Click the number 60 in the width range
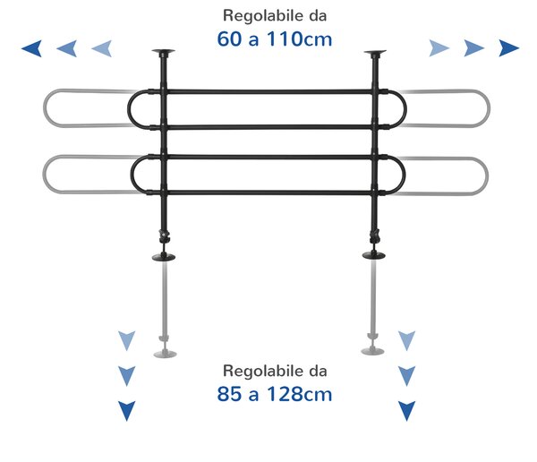(229, 38)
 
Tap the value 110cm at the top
(299, 38)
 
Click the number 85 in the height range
(229, 394)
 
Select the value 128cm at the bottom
(299, 394)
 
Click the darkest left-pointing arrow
(32, 48)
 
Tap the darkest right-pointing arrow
(509, 48)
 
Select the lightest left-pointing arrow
(102, 48)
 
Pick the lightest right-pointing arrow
(439, 48)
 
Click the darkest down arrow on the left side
(127, 411)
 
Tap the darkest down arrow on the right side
(407, 411)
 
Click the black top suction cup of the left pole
(164, 53)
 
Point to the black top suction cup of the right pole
(375, 53)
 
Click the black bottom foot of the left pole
(164, 257)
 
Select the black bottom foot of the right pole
(374, 254)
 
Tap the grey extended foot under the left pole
(165, 354)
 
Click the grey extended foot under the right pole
(372, 351)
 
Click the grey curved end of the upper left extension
(45, 108)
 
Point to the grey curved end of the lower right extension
(487, 176)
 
